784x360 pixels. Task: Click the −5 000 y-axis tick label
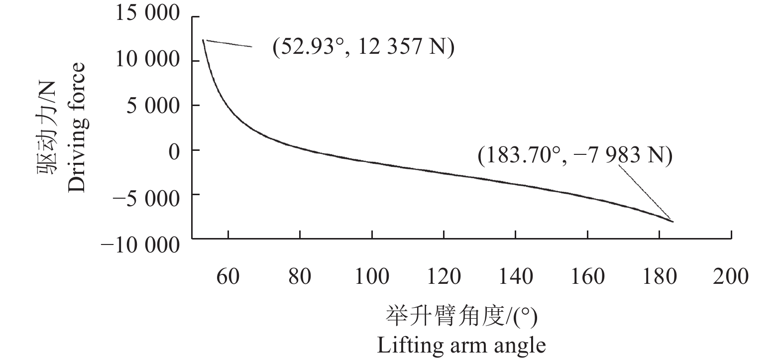146,198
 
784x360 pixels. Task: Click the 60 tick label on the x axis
227,276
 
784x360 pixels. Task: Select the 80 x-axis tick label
300,276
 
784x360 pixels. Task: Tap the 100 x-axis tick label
372,276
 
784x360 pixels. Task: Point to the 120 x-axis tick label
444,276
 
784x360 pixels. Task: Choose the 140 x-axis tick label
516,276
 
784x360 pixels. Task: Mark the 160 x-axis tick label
588,276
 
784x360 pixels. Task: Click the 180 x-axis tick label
660,276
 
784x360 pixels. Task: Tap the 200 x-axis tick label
731,276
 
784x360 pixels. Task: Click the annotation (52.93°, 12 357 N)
363,48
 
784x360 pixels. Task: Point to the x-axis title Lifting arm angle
461,345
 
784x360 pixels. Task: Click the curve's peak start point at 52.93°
203,40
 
